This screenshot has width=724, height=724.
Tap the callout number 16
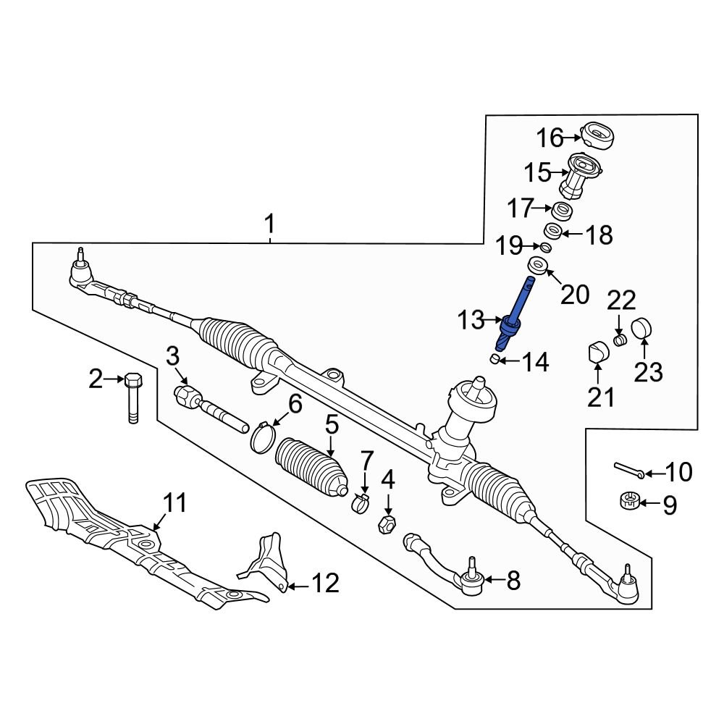click(550, 137)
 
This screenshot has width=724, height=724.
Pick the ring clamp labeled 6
click(264, 437)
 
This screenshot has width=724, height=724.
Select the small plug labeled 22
click(619, 340)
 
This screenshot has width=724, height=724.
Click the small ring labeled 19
click(546, 248)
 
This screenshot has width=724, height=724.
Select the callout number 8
click(513, 580)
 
